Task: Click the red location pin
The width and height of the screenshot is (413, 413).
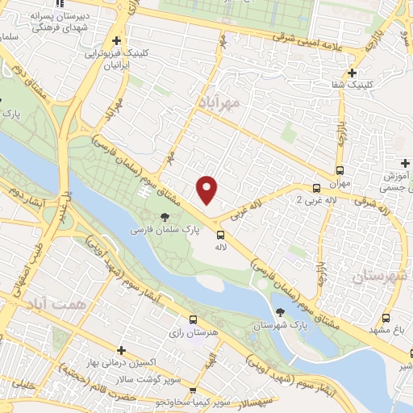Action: click(207, 190)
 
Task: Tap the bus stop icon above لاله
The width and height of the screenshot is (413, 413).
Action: click(219, 234)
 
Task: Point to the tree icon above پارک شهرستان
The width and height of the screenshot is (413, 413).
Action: click(278, 311)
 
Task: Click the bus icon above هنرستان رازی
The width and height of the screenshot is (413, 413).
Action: click(192, 319)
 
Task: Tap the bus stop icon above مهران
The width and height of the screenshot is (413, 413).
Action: click(340, 170)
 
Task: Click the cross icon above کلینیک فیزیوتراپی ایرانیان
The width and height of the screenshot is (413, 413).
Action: click(118, 40)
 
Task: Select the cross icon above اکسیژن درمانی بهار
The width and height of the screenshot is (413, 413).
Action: click(121, 351)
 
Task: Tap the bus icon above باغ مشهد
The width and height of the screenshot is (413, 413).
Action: click(386, 318)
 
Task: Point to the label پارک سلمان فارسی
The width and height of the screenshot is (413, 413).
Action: click(161, 232)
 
